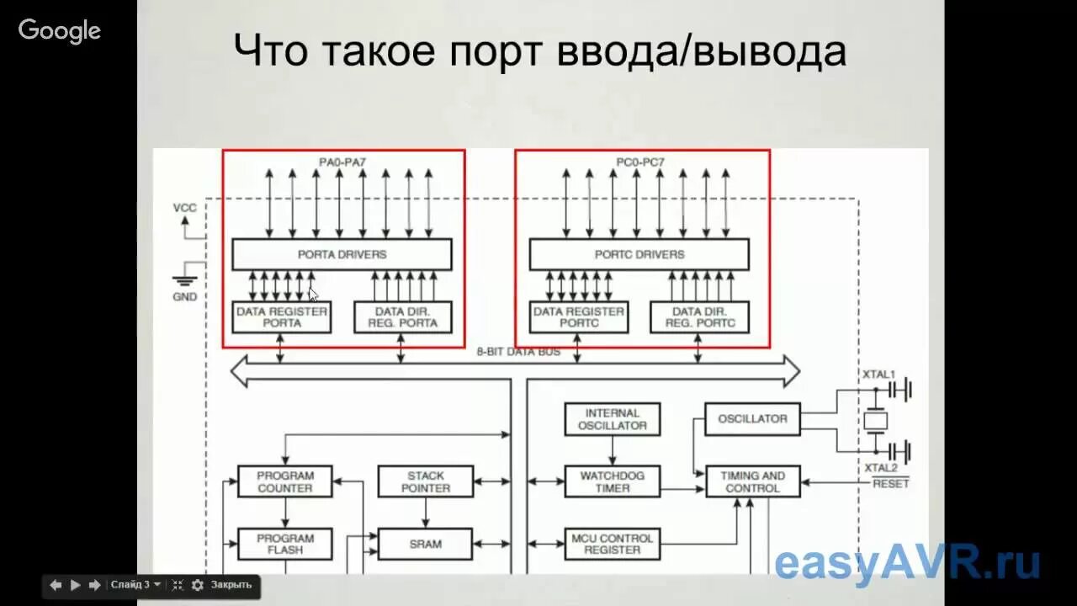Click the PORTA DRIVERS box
(342, 254)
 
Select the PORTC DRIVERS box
(639, 254)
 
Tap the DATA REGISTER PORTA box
(281, 317)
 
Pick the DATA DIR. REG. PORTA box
(402, 317)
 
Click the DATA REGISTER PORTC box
(578, 317)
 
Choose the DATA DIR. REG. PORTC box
(699, 317)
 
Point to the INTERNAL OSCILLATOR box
(612, 419)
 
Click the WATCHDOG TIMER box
(612, 481)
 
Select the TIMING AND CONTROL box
(752, 481)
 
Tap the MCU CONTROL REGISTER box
(612, 544)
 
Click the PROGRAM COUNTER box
(284, 481)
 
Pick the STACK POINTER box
(425, 481)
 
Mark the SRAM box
(425, 544)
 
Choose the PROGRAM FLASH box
(284, 544)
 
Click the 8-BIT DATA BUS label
(518, 352)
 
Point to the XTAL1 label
(879, 374)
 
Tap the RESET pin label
(890, 484)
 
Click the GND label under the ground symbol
(184, 297)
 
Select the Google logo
(60, 31)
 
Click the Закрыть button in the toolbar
(231, 585)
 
